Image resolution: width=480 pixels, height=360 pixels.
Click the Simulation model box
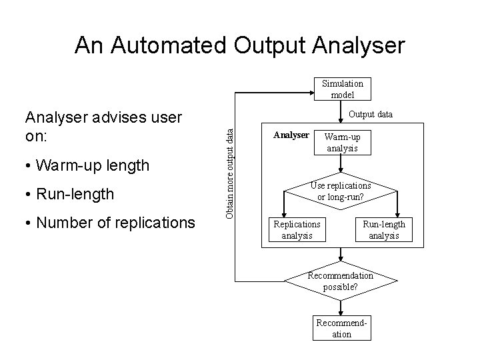342,89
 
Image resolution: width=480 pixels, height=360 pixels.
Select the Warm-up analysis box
341,142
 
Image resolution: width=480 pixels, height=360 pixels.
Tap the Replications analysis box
297,229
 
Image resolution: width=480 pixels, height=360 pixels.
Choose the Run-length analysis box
383,229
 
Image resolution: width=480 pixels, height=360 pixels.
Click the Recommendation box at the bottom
341,329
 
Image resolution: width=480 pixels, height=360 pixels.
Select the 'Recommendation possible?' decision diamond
341,281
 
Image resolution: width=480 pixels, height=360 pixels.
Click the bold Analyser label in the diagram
291,135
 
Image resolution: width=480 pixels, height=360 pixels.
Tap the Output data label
370,114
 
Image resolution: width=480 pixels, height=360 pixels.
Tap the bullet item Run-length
69,193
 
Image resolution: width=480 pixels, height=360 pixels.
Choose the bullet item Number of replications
109,222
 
